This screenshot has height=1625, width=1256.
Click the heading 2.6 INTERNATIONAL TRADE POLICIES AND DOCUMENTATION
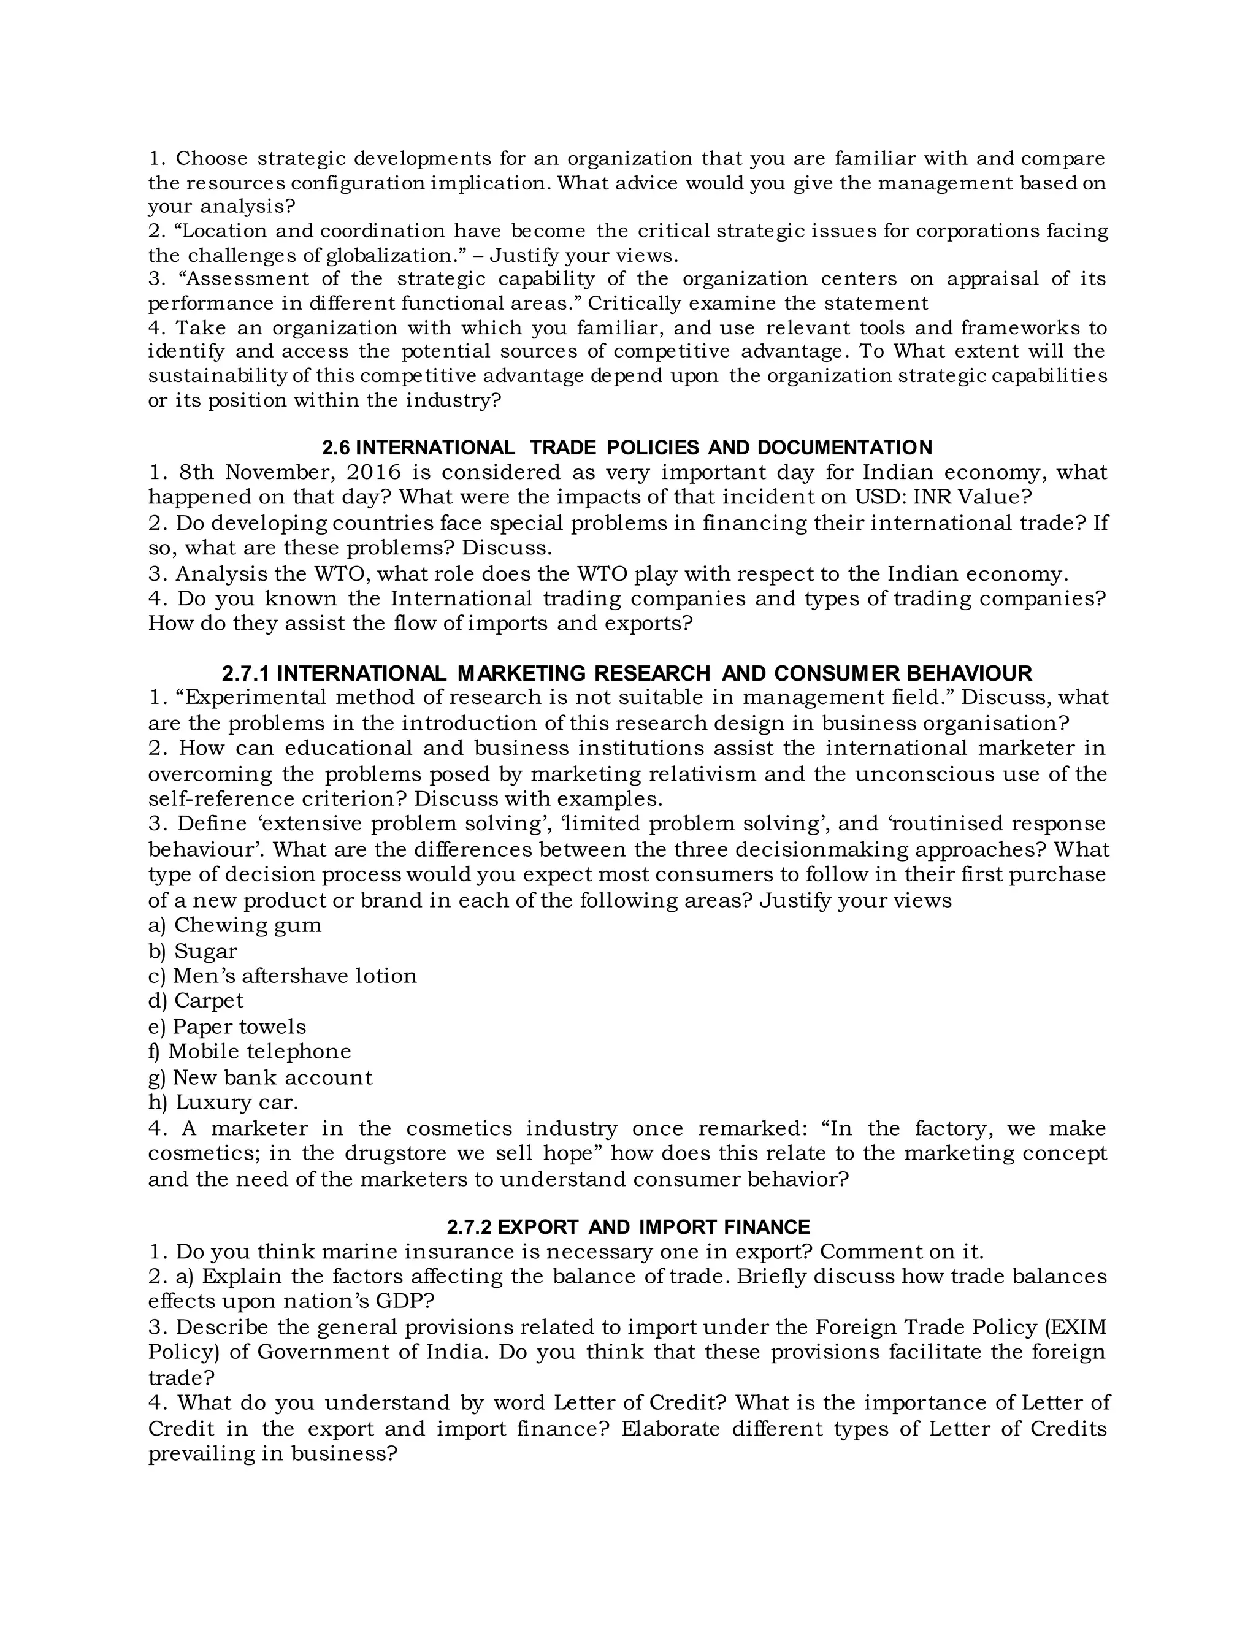627,447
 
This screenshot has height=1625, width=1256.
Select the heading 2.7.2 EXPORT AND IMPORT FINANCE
628,1226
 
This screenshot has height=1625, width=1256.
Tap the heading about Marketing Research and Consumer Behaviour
627,673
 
